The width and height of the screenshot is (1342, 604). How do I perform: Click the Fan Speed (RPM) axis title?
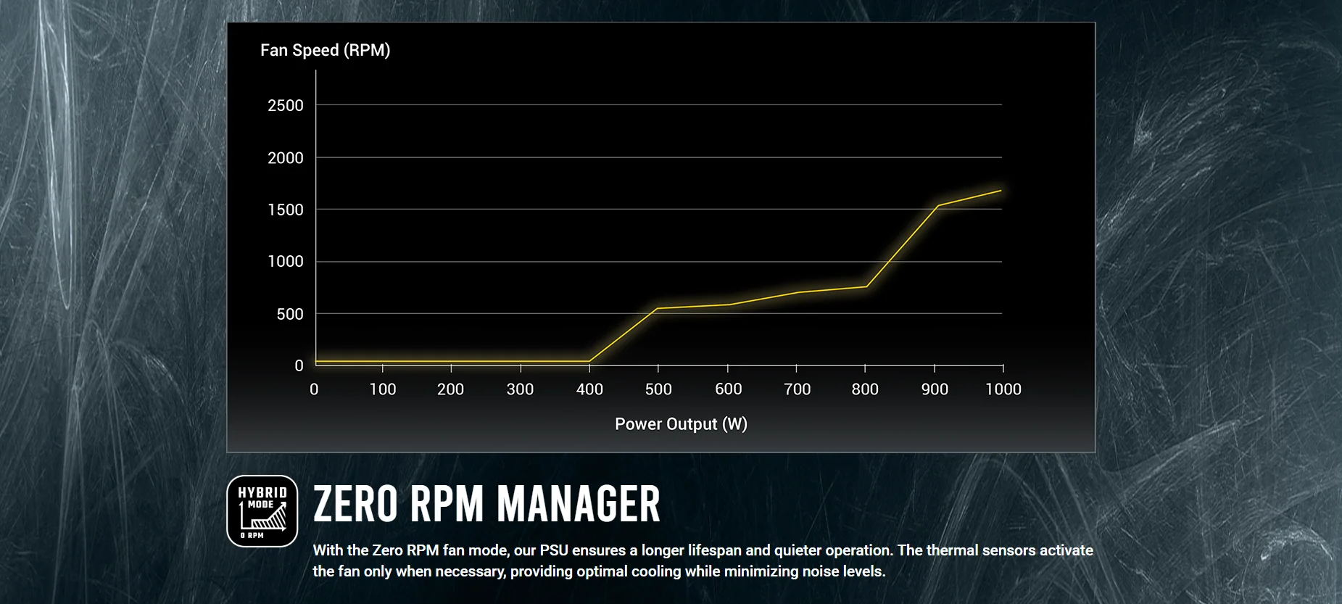click(x=325, y=50)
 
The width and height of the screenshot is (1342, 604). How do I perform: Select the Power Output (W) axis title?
click(x=681, y=424)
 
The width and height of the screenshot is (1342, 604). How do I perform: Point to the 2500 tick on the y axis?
click(x=286, y=106)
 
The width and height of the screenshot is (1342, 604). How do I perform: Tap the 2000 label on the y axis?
click(x=286, y=158)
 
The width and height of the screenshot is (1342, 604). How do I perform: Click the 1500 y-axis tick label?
click(x=286, y=210)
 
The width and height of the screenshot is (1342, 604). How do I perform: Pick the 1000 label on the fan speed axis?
click(x=286, y=262)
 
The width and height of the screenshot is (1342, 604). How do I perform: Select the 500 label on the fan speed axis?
click(x=290, y=315)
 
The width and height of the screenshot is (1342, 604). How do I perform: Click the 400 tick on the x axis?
click(x=589, y=389)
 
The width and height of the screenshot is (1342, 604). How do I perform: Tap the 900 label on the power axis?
click(x=935, y=389)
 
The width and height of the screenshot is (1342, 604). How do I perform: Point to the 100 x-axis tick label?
click(x=383, y=389)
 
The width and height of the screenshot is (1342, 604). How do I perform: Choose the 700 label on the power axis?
click(x=797, y=389)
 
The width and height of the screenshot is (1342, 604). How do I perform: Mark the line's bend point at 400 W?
click(x=589, y=361)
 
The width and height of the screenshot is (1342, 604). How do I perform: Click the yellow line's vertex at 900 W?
click(x=937, y=206)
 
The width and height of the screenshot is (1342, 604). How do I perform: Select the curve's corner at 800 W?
click(x=866, y=286)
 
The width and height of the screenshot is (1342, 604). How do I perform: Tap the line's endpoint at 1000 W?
click(x=1001, y=191)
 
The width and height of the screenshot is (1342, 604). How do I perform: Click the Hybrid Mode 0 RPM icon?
click(x=262, y=511)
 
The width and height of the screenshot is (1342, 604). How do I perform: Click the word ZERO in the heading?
click(x=355, y=505)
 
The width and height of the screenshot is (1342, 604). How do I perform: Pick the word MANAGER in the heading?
click(x=579, y=505)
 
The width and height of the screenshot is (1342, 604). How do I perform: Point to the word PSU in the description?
click(x=554, y=550)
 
